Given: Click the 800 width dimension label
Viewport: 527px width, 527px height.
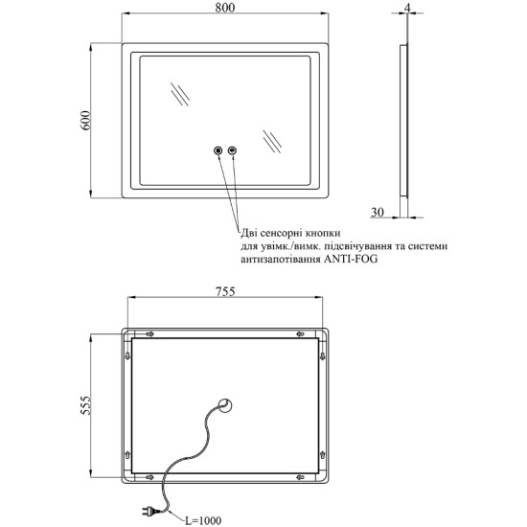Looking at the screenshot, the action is [225, 8].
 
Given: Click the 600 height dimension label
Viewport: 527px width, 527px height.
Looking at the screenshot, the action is [85, 121].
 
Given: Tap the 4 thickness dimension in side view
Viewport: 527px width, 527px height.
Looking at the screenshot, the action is [407, 8].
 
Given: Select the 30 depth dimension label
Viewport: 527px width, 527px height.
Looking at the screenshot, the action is [378, 212].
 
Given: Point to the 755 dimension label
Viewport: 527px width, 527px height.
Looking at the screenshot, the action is [225, 291].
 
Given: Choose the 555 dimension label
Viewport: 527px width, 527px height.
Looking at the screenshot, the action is [85, 405].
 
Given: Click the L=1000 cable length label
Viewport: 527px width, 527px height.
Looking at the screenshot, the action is [203, 520].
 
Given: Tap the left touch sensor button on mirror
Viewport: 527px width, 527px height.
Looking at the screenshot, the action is [218, 150].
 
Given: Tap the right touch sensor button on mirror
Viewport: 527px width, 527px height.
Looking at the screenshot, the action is [232, 150].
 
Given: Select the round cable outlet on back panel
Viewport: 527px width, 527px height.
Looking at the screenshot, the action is [225, 405].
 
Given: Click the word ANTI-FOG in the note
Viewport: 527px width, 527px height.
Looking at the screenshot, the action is [351, 259].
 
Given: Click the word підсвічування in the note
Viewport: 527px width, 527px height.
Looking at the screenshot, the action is [352, 246].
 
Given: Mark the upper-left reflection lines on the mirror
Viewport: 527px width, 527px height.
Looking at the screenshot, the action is [179, 94].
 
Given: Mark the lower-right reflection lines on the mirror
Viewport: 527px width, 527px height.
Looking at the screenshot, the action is [272, 142].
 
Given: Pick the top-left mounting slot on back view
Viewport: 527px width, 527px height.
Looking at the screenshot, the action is [149, 333].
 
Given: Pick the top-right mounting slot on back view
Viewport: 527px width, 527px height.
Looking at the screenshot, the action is [300, 333].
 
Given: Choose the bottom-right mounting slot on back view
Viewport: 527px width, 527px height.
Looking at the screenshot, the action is [300, 477].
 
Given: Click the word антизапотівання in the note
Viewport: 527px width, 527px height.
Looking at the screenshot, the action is [281, 259].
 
